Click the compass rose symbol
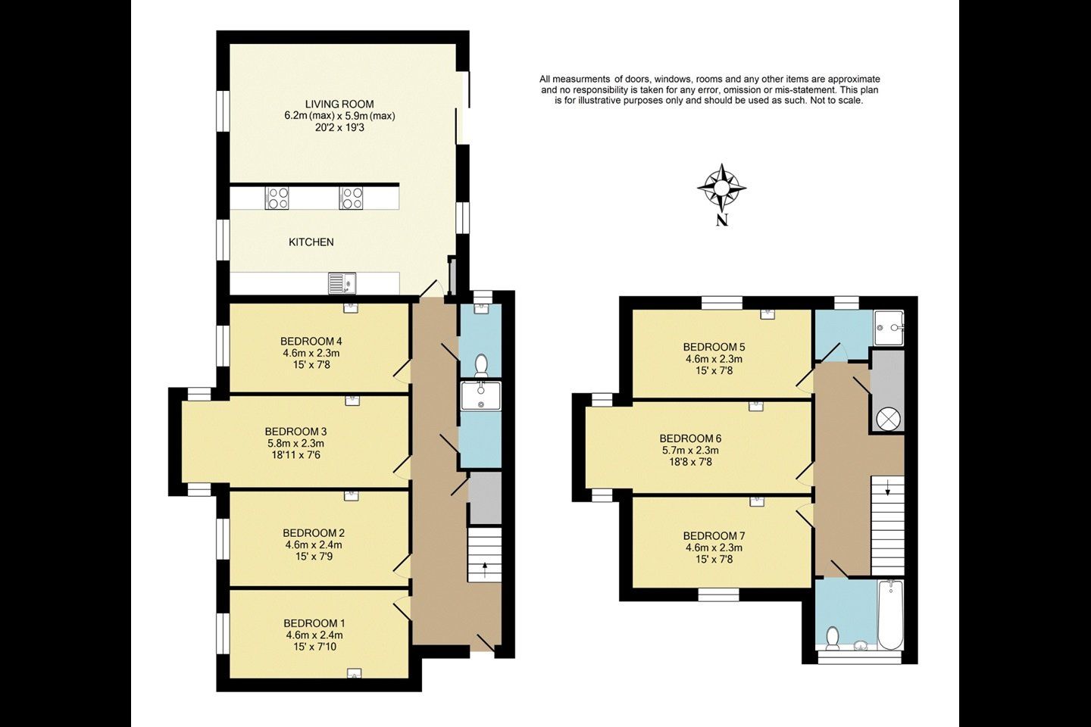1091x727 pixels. pyautogui.click(x=722, y=188)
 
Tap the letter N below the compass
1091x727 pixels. pyautogui.click(x=722, y=220)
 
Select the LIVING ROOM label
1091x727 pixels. pyautogui.click(x=339, y=105)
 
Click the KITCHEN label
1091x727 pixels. pyautogui.click(x=311, y=242)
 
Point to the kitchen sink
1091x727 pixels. pyautogui.click(x=342, y=284)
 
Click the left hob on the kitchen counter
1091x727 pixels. pyautogui.click(x=277, y=198)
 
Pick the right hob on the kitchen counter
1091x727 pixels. pyautogui.click(x=352, y=198)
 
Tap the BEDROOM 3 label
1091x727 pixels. pyautogui.click(x=295, y=432)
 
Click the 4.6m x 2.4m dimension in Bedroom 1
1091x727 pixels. pyautogui.click(x=314, y=635)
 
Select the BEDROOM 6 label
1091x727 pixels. pyautogui.click(x=690, y=438)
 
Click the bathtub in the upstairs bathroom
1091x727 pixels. pyautogui.click(x=891, y=614)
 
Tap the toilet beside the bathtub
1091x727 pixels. pyautogui.click(x=833, y=638)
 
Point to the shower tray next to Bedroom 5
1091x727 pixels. pyautogui.click(x=889, y=328)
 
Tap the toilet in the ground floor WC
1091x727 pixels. pyautogui.click(x=481, y=365)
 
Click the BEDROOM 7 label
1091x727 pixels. pyautogui.click(x=714, y=536)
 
